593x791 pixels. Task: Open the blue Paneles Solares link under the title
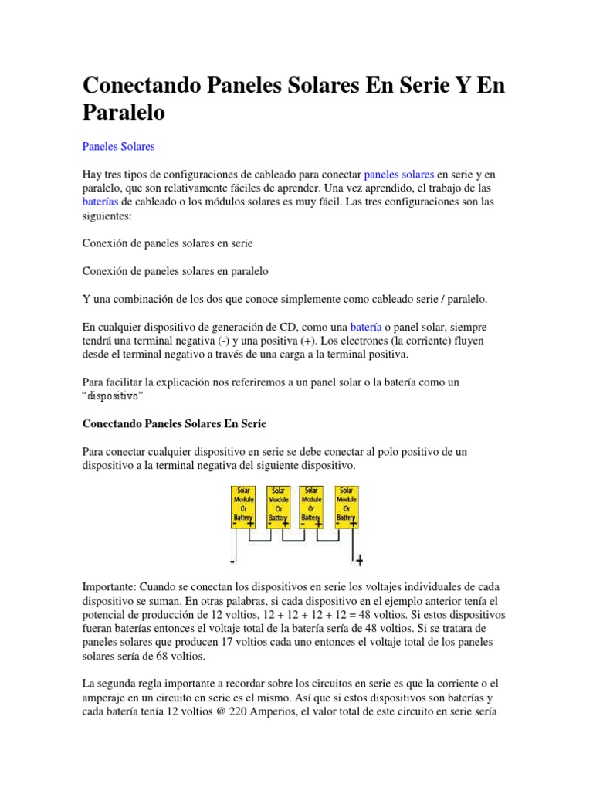coord(118,146)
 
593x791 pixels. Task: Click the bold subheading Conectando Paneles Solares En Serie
coord(174,424)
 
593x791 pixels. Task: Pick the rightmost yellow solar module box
coord(346,507)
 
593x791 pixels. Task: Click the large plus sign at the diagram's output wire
coord(359,560)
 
